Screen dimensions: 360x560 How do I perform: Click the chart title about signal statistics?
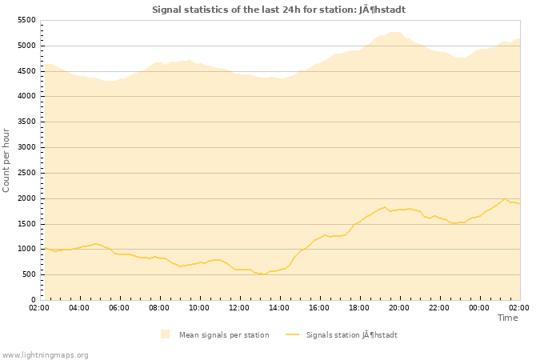tap(278, 10)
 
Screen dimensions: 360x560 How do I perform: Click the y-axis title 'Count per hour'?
tap(7, 160)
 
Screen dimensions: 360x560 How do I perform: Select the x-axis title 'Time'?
tap(507, 318)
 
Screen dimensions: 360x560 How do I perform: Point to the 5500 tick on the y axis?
tap(26, 20)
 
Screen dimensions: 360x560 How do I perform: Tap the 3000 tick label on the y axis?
tap(26, 147)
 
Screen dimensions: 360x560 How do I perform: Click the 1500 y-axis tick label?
tap(26, 224)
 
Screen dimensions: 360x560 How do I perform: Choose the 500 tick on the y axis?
tap(28, 274)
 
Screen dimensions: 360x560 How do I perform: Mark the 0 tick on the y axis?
tap(33, 300)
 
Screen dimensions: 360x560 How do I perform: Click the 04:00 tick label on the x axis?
tap(79, 308)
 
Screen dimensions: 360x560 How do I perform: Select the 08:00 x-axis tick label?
tap(159, 308)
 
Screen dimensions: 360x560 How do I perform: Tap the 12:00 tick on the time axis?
tap(239, 308)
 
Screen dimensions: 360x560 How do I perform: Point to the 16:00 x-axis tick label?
tap(319, 308)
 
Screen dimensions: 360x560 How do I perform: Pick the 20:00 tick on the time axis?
tap(399, 308)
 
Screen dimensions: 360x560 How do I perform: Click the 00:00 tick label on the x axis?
tap(479, 308)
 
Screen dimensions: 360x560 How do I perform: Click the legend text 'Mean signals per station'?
tap(224, 335)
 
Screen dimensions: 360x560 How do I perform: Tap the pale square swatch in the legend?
tap(165, 334)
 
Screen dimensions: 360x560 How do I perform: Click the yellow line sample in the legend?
tap(292, 334)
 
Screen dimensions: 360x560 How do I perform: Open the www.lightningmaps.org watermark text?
tap(46, 354)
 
